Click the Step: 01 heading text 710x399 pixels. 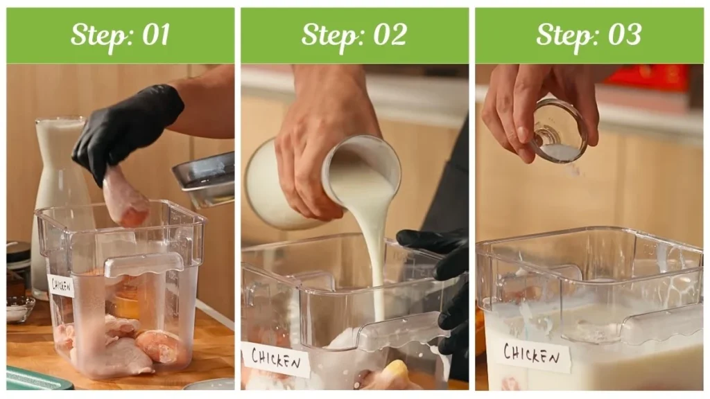(120, 35)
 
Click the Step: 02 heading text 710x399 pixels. (354, 35)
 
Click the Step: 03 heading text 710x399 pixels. (589, 35)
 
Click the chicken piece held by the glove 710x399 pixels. (124, 197)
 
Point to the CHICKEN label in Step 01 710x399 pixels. (61, 285)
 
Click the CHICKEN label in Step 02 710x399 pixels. (275, 360)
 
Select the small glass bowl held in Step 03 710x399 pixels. (558, 132)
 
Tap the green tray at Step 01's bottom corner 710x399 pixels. (35, 380)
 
